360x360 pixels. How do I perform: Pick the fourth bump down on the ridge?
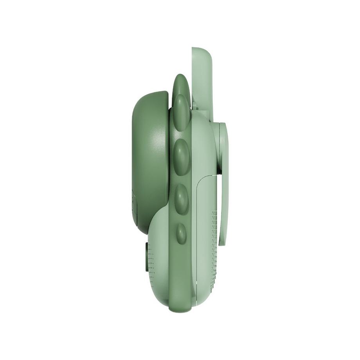click(x=181, y=198)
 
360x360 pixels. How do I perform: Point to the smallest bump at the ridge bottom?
click(x=181, y=232)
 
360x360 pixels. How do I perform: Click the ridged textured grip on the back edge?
click(x=214, y=250)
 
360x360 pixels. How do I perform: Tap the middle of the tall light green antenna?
click(x=201, y=86)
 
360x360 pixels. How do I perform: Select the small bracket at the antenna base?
click(x=215, y=129)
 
